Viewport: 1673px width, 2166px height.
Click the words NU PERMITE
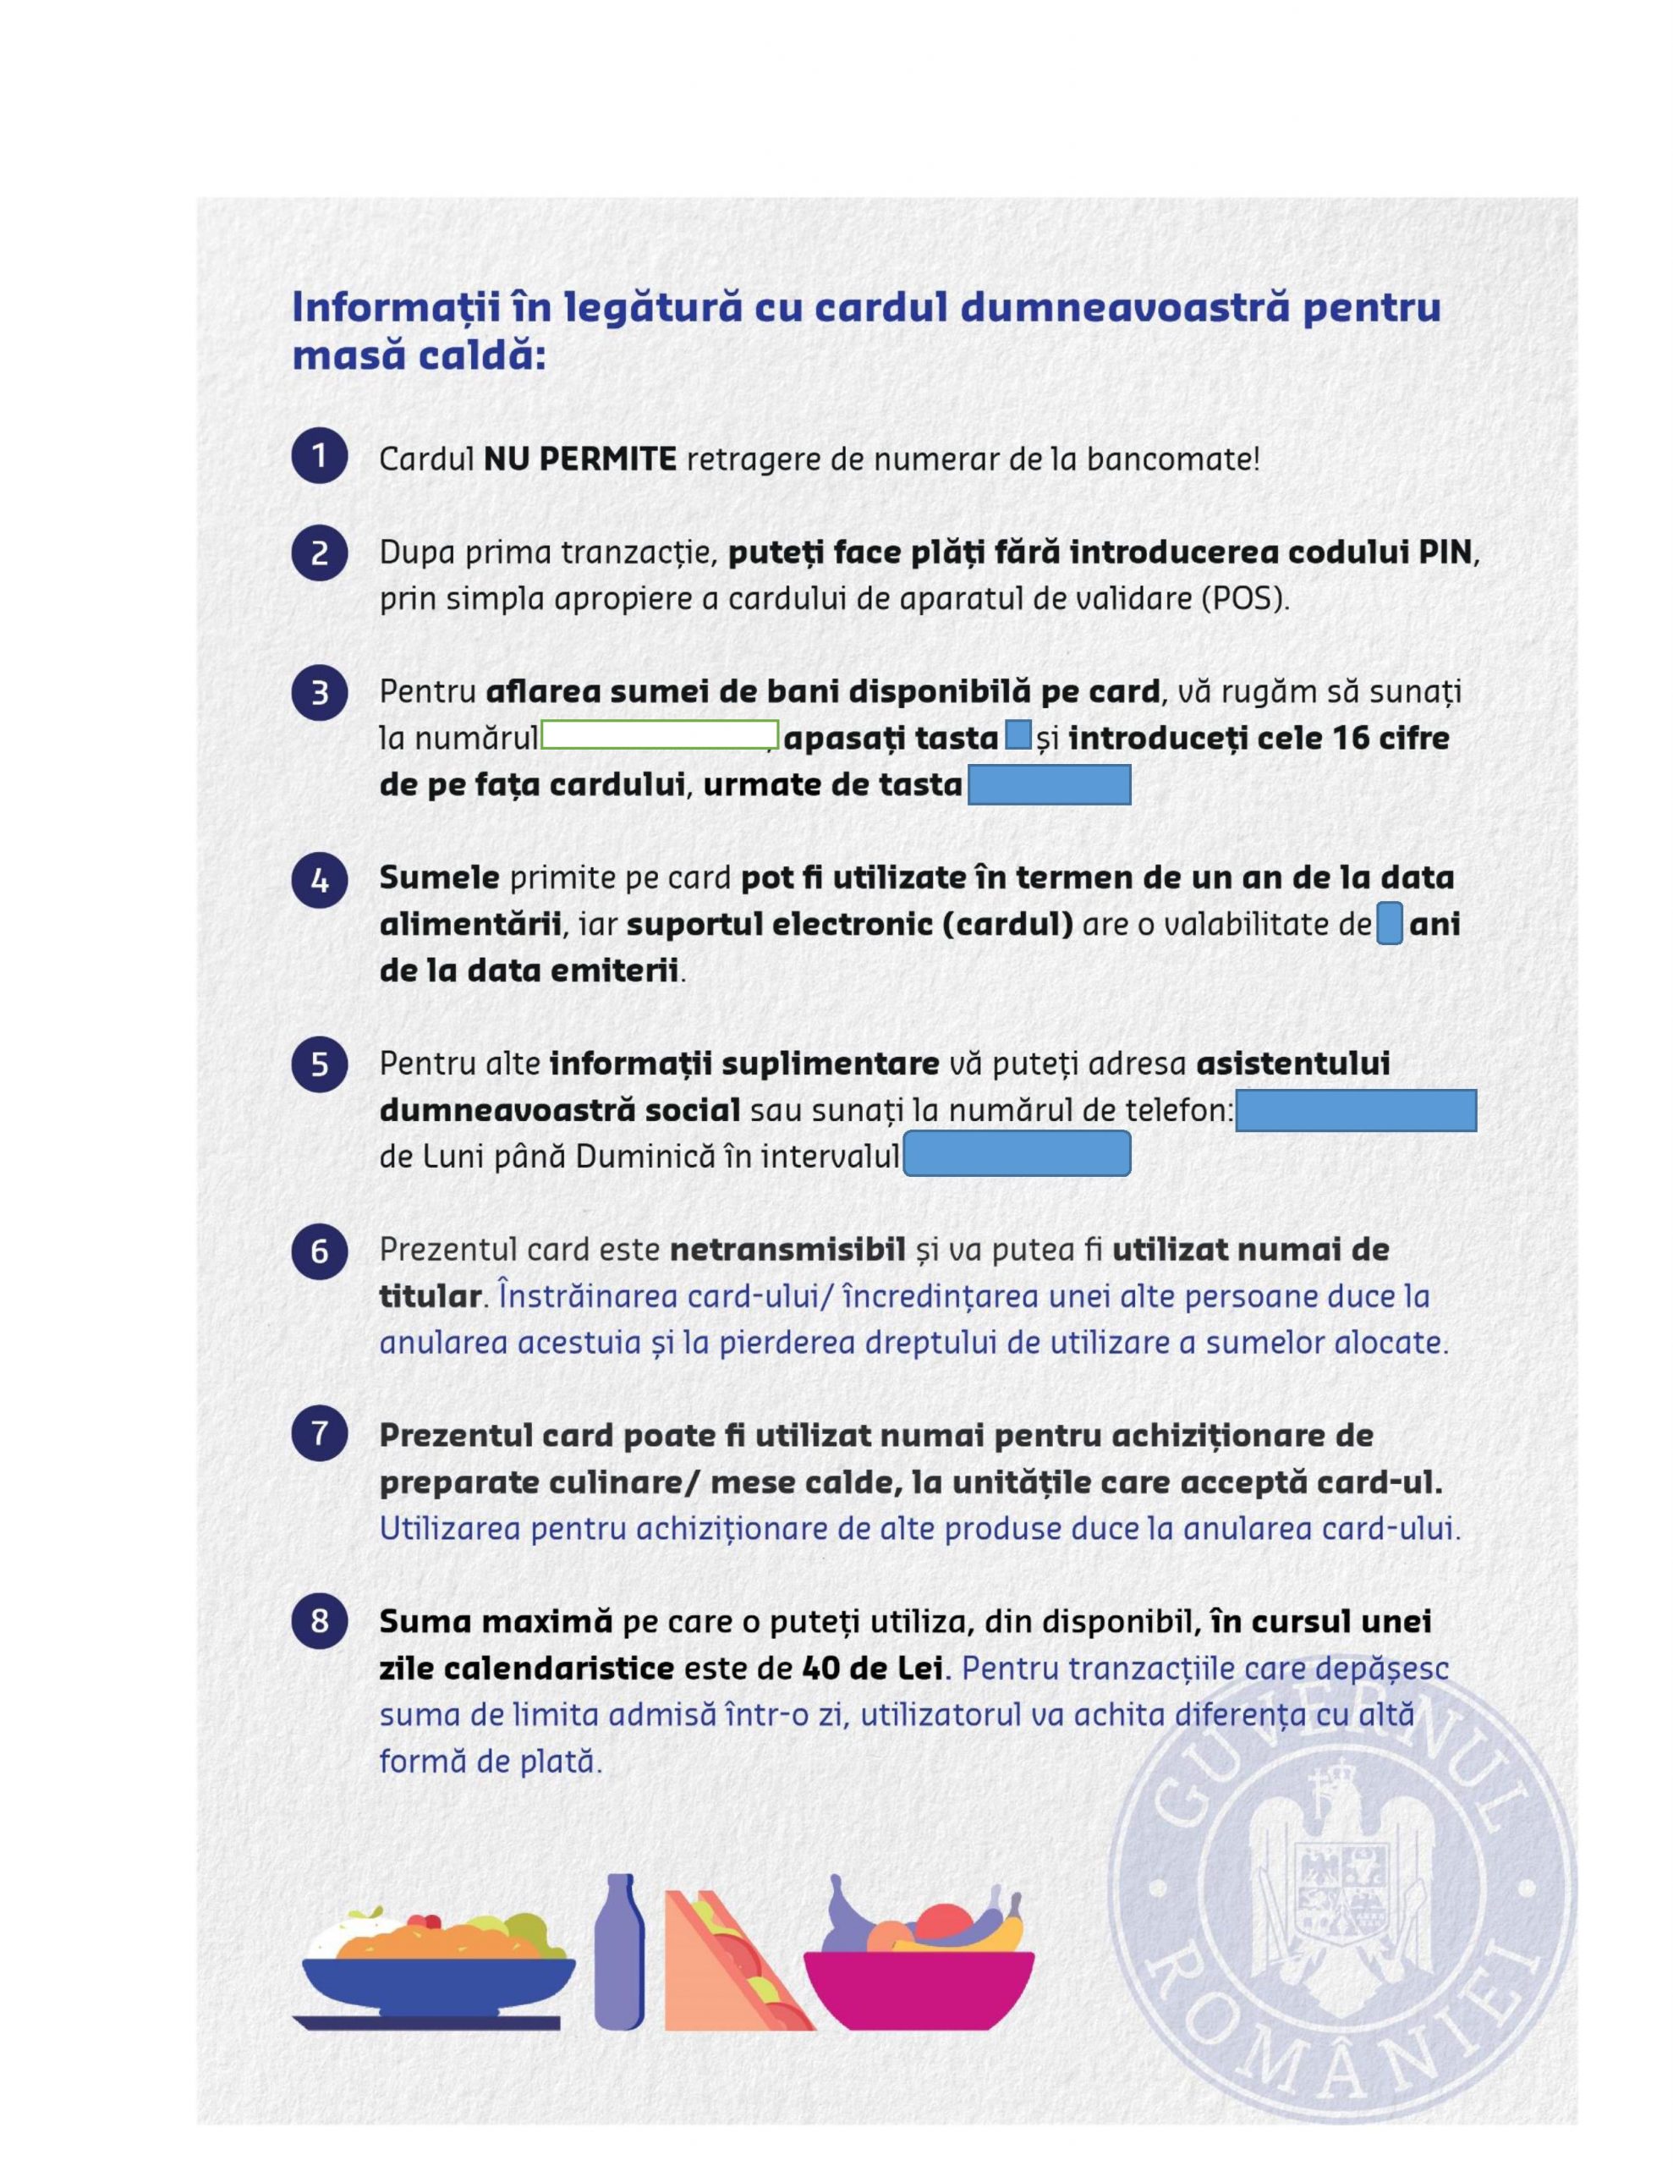[580, 459]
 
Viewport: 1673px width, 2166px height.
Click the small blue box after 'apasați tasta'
[1018, 736]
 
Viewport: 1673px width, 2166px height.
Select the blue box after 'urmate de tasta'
[1048, 785]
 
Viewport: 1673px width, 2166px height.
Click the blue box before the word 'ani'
[1390, 924]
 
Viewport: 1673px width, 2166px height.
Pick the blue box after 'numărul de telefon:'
[1356, 1111]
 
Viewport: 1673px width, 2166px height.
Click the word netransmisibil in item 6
[787, 1250]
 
